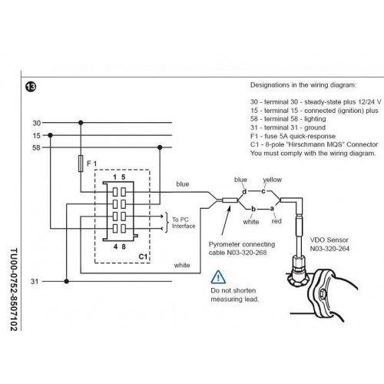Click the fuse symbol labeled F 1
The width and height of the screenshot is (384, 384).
[81, 164]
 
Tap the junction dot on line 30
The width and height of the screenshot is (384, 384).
[81, 123]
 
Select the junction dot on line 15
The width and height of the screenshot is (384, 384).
[50, 135]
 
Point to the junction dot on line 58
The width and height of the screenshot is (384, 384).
[160, 147]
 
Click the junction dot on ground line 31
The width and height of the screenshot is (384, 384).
[67, 281]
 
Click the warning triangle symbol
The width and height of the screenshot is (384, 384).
[218, 277]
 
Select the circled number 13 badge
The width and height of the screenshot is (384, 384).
[31, 87]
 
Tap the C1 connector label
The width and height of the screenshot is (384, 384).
[143, 257]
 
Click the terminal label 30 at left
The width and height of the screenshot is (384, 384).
[37, 123]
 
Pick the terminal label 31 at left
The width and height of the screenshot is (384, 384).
[35, 281]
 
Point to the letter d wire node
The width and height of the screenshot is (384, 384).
[244, 191]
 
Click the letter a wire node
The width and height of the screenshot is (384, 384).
[272, 209]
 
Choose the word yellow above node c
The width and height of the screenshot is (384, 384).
[272, 180]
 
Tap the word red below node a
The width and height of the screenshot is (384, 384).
[276, 221]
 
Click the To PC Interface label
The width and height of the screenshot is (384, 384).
[184, 223]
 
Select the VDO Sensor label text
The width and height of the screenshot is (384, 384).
[329, 240]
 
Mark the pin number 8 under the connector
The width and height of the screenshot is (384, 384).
[124, 247]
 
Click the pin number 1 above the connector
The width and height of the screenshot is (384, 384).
[115, 177]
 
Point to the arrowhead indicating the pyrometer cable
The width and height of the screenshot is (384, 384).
[229, 209]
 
